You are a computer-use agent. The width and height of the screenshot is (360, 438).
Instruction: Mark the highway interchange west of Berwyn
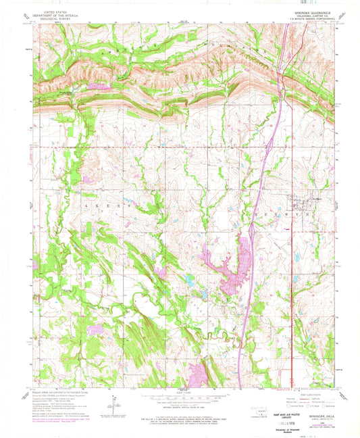pyautogui.click(x=252, y=232)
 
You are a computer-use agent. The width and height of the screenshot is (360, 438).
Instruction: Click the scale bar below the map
pyautogui.click(x=183, y=395)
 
